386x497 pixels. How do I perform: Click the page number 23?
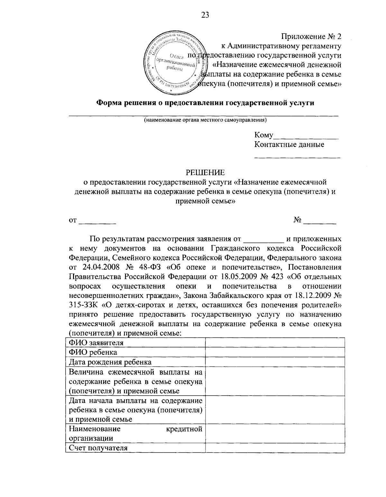click(x=205, y=15)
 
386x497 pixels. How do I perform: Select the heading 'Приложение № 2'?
click(x=311, y=36)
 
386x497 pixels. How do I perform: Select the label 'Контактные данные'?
click(x=289, y=144)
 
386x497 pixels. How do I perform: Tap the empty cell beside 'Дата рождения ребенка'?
click(x=275, y=362)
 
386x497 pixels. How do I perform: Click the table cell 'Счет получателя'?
click(x=98, y=448)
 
